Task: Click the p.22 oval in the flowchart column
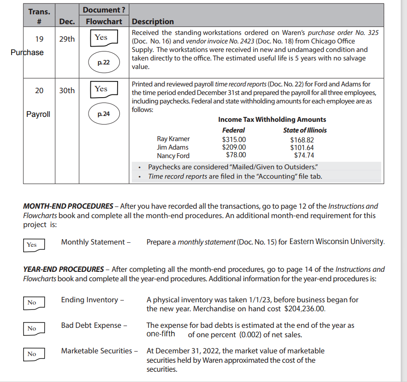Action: (x=104, y=63)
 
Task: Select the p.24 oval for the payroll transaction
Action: (x=104, y=114)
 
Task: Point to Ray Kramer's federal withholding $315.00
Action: (x=234, y=139)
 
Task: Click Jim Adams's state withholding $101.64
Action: (x=302, y=147)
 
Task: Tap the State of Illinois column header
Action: (x=305, y=130)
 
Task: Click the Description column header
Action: (x=153, y=21)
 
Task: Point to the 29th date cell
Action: (x=67, y=39)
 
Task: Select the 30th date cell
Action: (x=67, y=90)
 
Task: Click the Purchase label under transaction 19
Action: (x=27, y=52)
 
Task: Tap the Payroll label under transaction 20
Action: (x=38, y=114)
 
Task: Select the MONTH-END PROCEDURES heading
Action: (x=68, y=206)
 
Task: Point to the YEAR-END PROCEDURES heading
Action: (x=64, y=270)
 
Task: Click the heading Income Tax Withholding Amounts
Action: (x=272, y=120)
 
